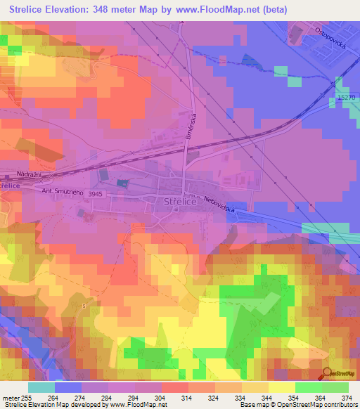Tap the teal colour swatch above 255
(41, 387)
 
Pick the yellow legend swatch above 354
(281, 387)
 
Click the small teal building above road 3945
(123, 183)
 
